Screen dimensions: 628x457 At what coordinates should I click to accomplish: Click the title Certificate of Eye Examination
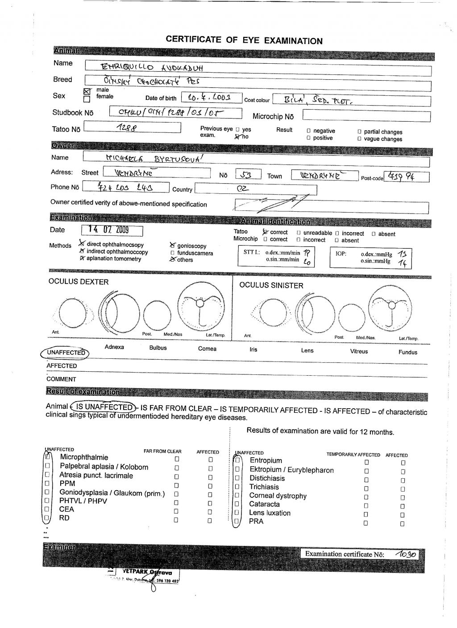244,40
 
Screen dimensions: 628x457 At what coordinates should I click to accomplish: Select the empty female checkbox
87,99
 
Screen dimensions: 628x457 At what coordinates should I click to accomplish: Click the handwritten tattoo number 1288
126,128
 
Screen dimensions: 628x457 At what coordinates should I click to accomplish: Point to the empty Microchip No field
366,116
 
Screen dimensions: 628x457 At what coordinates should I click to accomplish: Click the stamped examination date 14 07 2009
109,230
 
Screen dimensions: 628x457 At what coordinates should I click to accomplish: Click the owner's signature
268,204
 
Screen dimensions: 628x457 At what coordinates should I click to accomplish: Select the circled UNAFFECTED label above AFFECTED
65,353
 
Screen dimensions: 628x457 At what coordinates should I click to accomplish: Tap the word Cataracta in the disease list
264,504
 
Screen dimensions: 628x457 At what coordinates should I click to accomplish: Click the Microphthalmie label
84,457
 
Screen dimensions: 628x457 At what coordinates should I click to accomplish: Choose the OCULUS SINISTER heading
271,285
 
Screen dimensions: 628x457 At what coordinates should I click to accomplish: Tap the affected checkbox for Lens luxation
403,514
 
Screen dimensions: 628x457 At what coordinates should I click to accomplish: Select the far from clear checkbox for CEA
177,511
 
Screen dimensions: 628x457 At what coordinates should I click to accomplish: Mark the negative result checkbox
309,131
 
